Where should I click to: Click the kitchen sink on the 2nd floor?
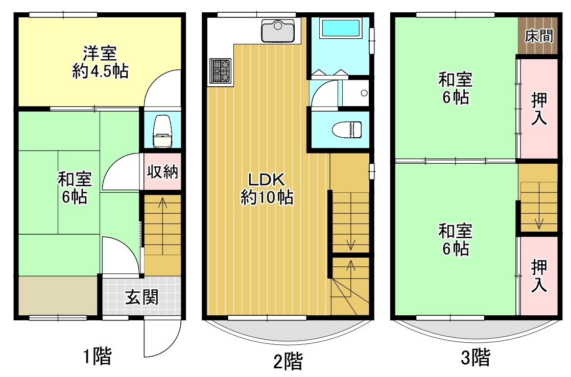click(x=278, y=31)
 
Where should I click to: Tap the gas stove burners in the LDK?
click(x=221, y=70)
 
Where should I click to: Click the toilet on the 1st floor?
click(x=162, y=132)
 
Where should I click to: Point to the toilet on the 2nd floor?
click(x=347, y=130)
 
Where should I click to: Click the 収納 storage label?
click(x=162, y=171)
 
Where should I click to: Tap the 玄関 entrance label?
click(x=141, y=297)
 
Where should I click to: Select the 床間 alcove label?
click(x=539, y=36)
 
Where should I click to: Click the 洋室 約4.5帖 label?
click(x=100, y=62)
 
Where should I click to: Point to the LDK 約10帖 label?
click(x=267, y=189)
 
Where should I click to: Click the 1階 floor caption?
click(x=97, y=356)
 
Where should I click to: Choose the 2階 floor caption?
click(x=288, y=361)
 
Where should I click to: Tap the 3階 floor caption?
click(x=475, y=357)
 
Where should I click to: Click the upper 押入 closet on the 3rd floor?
click(x=539, y=109)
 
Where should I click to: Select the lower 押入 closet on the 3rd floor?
click(x=539, y=275)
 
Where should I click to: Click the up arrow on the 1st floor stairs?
click(x=162, y=226)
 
